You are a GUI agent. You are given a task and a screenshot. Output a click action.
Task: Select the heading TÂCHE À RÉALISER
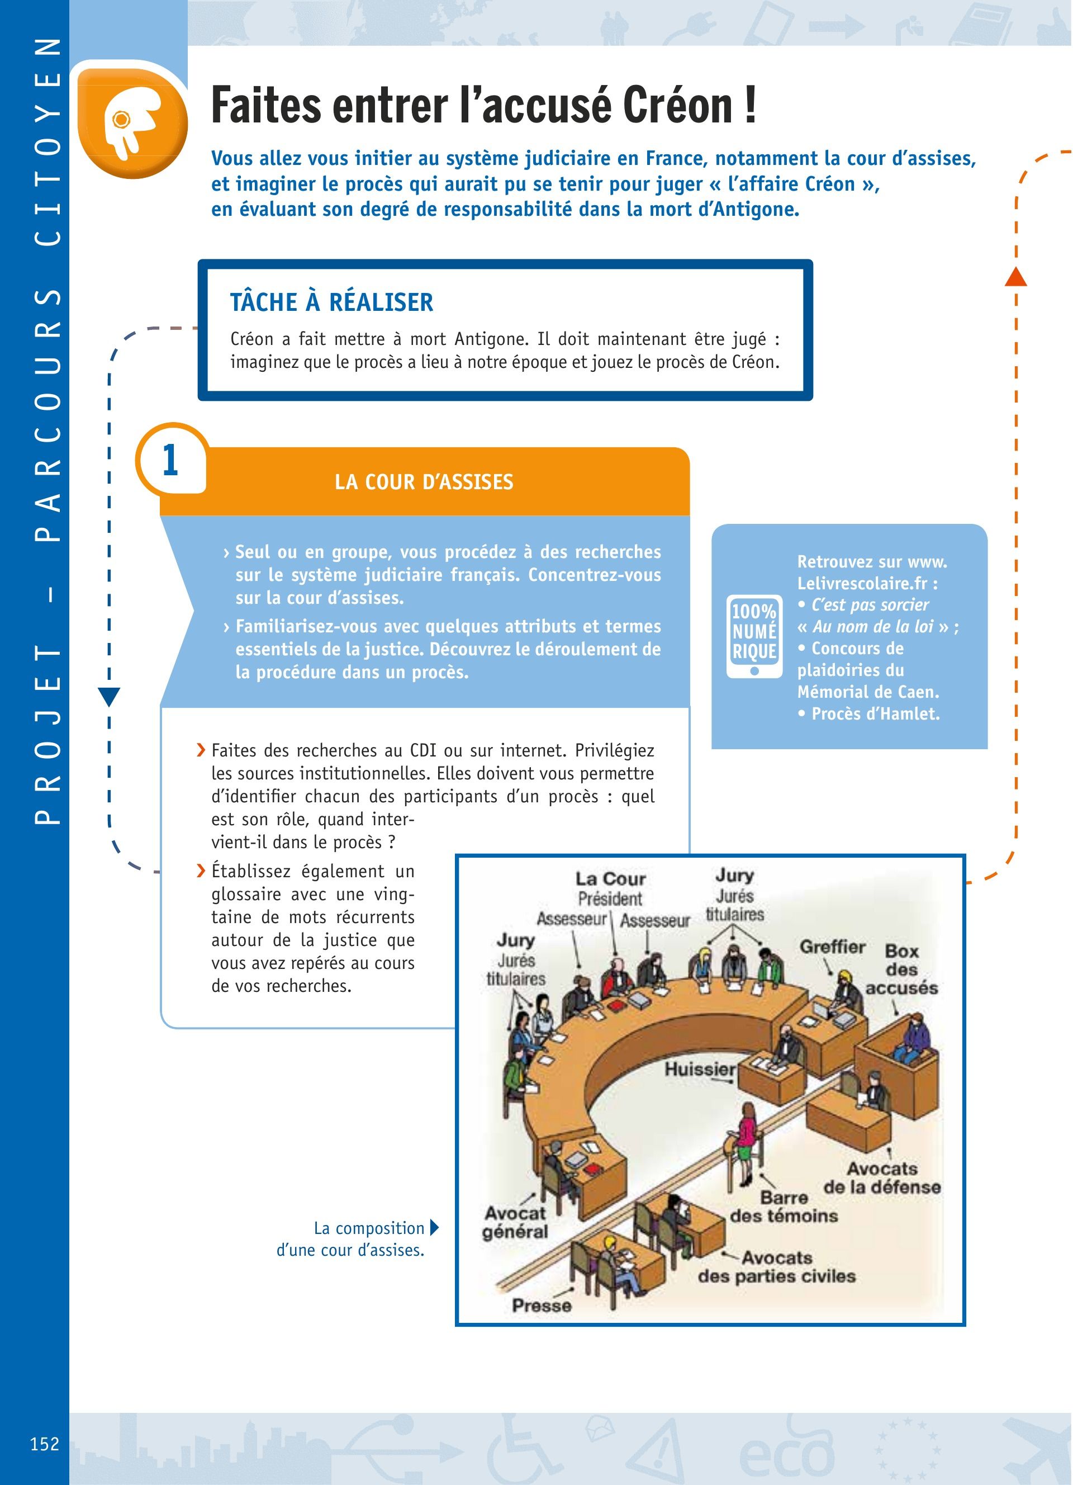coord(331,302)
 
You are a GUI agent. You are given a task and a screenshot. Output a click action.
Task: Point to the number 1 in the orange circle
coord(170,460)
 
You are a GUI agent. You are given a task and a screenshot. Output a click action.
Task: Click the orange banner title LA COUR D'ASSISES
coord(424,483)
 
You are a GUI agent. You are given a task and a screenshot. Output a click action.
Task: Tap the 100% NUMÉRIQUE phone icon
coord(754,635)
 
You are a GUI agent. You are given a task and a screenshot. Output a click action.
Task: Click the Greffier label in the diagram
coord(832,947)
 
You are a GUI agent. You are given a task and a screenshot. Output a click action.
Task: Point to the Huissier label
coord(700,1069)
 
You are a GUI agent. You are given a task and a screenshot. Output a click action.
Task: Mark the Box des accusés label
coord(901,969)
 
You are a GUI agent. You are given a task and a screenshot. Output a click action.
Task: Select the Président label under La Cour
coord(610,899)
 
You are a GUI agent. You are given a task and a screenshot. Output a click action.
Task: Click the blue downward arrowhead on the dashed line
coord(110,697)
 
